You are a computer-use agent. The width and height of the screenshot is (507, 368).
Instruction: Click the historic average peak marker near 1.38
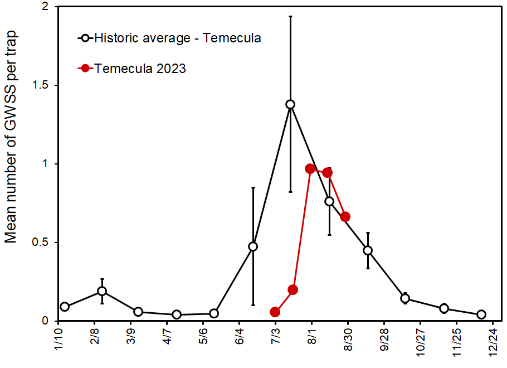coord(290,104)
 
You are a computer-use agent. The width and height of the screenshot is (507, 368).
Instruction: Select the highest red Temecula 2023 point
coord(310,168)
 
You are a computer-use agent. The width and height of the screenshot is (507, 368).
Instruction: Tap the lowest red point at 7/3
coord(275,312)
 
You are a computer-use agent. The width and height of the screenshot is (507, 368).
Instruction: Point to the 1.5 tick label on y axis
coord(40,85)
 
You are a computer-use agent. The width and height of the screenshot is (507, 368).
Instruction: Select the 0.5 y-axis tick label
coord(40,243)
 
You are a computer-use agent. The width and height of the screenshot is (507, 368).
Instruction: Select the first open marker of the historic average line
coord(65,307)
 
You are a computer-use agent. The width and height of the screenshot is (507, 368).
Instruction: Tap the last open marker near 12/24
coord(481,314)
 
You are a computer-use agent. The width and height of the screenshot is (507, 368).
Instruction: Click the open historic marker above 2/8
coord(102,291)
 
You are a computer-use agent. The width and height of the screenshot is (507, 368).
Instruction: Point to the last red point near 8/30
coord(345,216)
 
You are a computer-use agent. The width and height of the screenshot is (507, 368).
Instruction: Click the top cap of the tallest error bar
coord(290,17)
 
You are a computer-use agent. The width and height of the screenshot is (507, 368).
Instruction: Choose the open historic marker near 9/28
coord(368,250)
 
